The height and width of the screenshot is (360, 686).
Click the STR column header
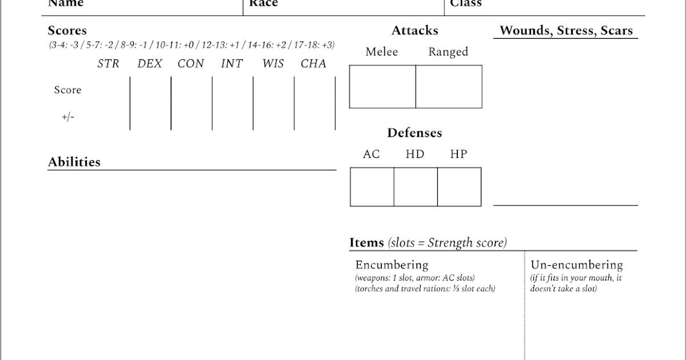pos(108,64)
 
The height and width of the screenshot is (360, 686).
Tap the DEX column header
pos(150,64)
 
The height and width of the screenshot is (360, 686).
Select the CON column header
pos(190,64)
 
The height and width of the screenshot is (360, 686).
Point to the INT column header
pos(232,64)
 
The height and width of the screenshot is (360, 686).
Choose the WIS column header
pos(273,64)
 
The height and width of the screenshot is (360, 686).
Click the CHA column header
pos(313,64)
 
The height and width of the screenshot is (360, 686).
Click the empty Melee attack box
pos(382,87)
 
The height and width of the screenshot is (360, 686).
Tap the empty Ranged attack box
pos(449,87)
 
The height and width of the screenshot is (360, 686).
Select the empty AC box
pos(372,187)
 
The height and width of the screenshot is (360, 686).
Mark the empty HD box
pos(416,187)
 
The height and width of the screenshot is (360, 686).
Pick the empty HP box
pos(459,187)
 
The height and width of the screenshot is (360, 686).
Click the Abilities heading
pos(74,162)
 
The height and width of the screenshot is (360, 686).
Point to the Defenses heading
pos(414,133)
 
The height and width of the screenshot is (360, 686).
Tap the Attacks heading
pos(414,30)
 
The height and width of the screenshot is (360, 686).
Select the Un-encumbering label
pos(576,265)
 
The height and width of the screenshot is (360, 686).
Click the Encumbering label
pos(392,265)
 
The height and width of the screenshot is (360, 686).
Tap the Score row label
pos(67,90)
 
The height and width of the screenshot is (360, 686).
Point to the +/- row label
pos(67,117)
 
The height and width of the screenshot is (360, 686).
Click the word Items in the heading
pos(366,242)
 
